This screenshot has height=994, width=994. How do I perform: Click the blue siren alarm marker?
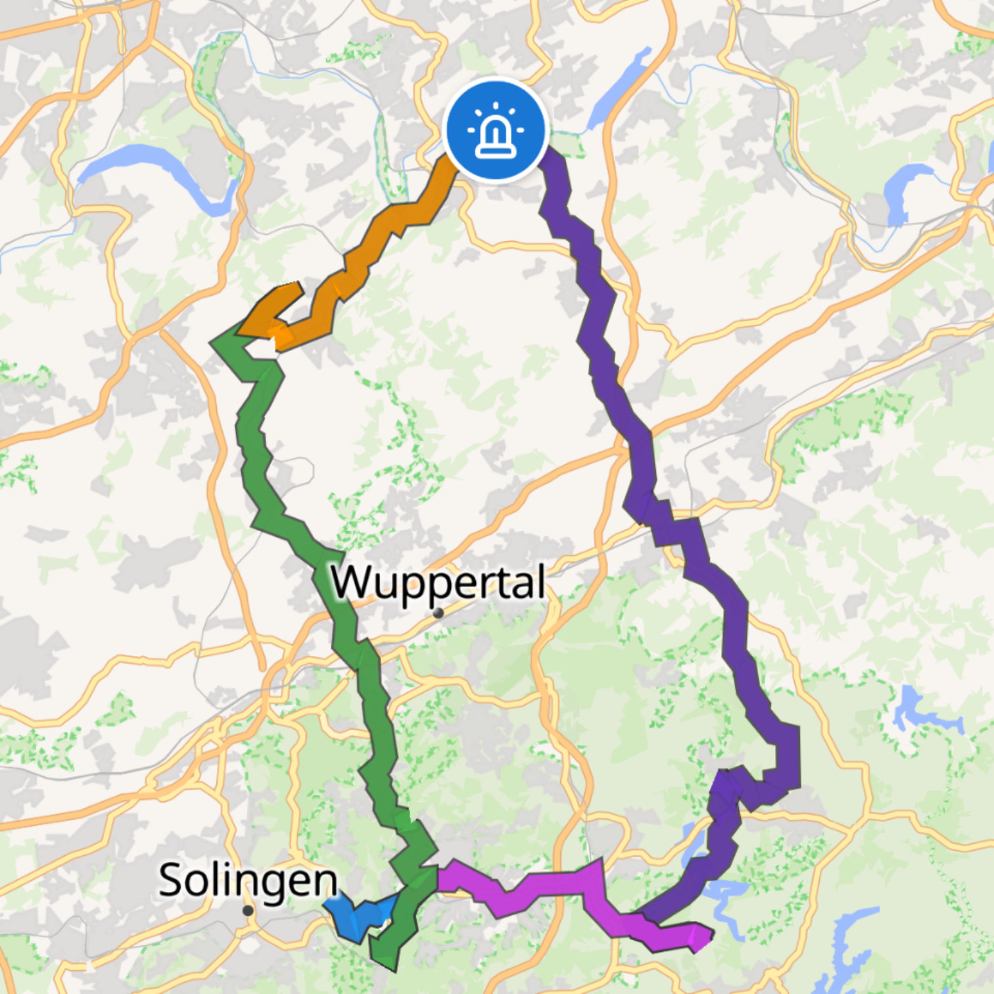(x=496, y=129)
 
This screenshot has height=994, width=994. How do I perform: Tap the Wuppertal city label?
(x=438, y=582)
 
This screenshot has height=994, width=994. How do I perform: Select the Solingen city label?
(x=248, y=880)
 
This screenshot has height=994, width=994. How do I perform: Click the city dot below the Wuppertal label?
(x=438, y=613)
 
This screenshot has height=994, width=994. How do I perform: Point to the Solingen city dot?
(x=248, y=911)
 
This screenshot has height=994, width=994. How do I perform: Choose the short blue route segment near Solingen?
(x=358, y=917)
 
